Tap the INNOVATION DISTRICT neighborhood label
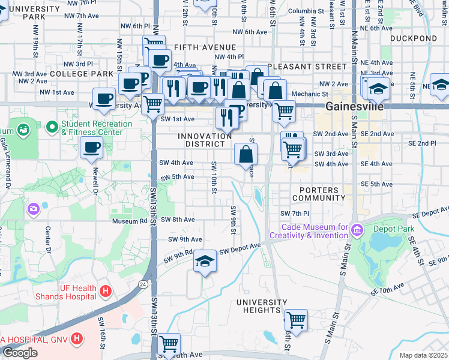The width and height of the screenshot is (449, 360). pos(205,141)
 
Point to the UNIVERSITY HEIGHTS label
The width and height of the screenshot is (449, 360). pos(262,306)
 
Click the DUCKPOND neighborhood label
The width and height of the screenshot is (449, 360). pos(413,38)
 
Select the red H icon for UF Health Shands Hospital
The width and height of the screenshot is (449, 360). pos(106,292)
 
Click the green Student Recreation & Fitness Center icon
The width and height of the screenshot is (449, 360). pos(23,128)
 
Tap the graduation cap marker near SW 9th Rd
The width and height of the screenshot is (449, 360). pos(205,262)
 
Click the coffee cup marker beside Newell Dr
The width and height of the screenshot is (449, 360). pos(91,147)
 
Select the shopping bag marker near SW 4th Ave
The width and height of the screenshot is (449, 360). pos(246,154)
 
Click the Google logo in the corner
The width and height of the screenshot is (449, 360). pos(20,353)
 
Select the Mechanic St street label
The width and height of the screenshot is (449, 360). pos(310,94)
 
